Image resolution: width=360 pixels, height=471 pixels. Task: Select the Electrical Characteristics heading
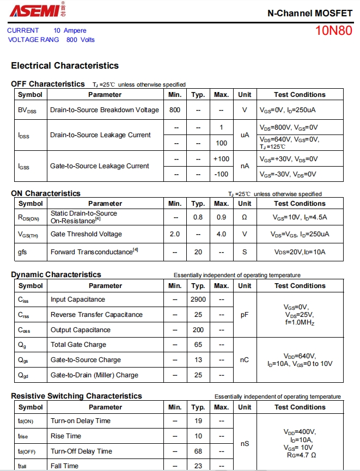pos(65,65)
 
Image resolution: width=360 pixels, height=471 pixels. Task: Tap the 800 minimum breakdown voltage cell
pos(175,110)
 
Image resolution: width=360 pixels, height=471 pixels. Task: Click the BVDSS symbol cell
pos(27,110)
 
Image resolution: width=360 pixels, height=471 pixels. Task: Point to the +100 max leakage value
pos(221,159)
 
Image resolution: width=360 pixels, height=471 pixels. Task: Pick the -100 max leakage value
pos(221,174)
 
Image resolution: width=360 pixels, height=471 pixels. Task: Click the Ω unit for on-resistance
pos(245,217)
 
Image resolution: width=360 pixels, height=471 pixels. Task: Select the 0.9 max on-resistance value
pos(221,217)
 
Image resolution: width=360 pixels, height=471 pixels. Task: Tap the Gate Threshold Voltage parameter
pos(86,234)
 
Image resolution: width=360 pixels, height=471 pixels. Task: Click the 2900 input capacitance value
pos(198,299)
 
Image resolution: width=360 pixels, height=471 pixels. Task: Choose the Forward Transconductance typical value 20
pos(198,252)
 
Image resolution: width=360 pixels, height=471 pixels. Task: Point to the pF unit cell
pos(245,315)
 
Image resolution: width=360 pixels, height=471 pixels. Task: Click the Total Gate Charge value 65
pos(198,345)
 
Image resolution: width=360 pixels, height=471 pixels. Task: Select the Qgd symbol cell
pos(25,375)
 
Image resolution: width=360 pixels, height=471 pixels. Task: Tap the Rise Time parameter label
pos(66,436)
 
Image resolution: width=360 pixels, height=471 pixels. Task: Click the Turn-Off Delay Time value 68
pos(198,451)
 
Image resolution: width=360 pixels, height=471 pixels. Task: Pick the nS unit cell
pos(245,443)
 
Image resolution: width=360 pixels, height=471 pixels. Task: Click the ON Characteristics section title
pos(45,193)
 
